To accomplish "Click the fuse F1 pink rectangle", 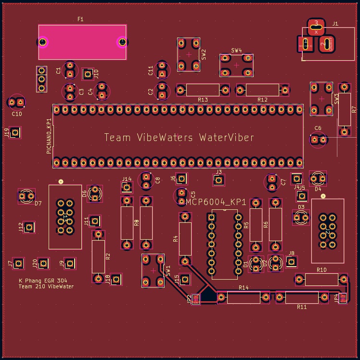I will [x=82, y=42].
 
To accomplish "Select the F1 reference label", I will [x=80, y=19].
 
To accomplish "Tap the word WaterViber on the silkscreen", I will [x=226, y=138].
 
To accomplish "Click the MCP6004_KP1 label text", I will [x=216, y=203].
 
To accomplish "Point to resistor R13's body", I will [x=203, y=90].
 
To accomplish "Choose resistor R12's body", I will [x=262, y=90].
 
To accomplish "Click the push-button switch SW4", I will [x=236, y=65].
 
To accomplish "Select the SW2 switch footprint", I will [x=188, y=54].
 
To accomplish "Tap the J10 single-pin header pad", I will [x=88, y=74].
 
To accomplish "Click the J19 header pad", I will [x=15, y=132].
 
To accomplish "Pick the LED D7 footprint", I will [x=26, y=196].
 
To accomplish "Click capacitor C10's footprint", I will [x=16, y=102].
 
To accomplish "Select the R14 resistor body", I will [x=244, y=297].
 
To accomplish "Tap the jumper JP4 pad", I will [x=343, y=298].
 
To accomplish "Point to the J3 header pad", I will [x=219, y=180].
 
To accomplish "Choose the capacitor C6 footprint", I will [x=318, y=140].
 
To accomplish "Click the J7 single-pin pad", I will [x=18, y=263].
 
